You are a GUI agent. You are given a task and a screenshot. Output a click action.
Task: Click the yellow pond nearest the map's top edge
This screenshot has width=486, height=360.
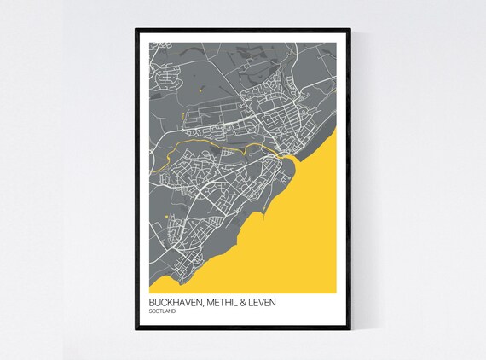coord(199,86)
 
